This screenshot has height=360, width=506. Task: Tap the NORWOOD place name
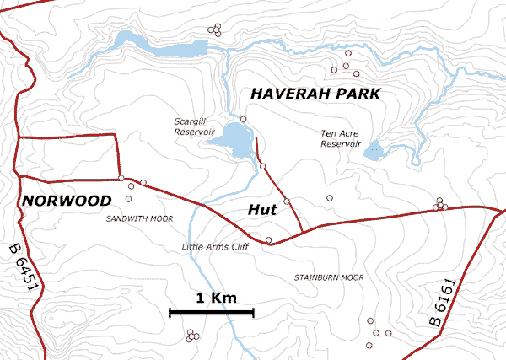coord(67,201)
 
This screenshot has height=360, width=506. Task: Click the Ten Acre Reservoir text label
coord(342,138)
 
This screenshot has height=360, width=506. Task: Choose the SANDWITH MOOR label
coord(139,218)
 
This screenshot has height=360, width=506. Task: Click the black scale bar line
coord(212,313)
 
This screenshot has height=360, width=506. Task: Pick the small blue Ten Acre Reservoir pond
coord(372,153)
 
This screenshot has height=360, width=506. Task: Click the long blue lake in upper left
coord(160,44)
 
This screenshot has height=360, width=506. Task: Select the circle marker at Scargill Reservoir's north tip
coord(243,119)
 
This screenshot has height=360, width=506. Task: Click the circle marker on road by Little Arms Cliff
coord(269,240)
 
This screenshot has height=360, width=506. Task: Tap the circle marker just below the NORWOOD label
coord(129,199)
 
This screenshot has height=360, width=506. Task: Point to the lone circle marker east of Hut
coord(330,198)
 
